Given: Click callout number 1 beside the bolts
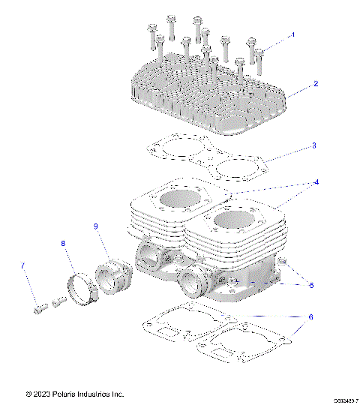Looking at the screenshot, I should pos(293,34).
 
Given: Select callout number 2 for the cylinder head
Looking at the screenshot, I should pos(316,84).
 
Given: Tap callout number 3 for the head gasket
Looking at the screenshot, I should pos(314,145).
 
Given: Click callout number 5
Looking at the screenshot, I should pos(311,286).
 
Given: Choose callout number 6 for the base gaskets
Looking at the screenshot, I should pos(310,316).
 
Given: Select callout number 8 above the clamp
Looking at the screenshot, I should pos(63,243).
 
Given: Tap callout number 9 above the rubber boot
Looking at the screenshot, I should pos(96,226).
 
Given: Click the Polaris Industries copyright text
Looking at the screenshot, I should pos(74,394).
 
